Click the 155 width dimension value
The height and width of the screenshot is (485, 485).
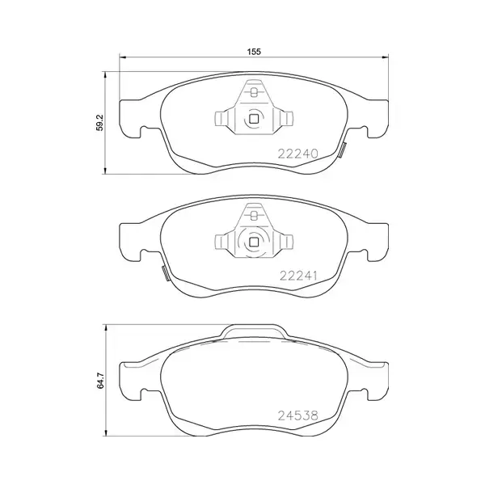click(x=253, y=51)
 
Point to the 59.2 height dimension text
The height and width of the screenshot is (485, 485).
click(x=99, y=123)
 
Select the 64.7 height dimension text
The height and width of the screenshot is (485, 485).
click(x=99, y=379)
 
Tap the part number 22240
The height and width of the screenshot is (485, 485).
click(x=300, y=153)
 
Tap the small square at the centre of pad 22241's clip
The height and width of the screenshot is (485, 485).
click(x=253, y=241)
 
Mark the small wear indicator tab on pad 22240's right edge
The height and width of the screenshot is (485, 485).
click(x=343, y=150)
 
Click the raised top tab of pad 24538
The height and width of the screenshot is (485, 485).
click(x=254, y=331)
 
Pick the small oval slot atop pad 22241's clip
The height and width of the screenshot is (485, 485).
click(x=253, y=215)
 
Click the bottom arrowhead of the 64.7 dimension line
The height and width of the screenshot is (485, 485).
click(x=106, y=432)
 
